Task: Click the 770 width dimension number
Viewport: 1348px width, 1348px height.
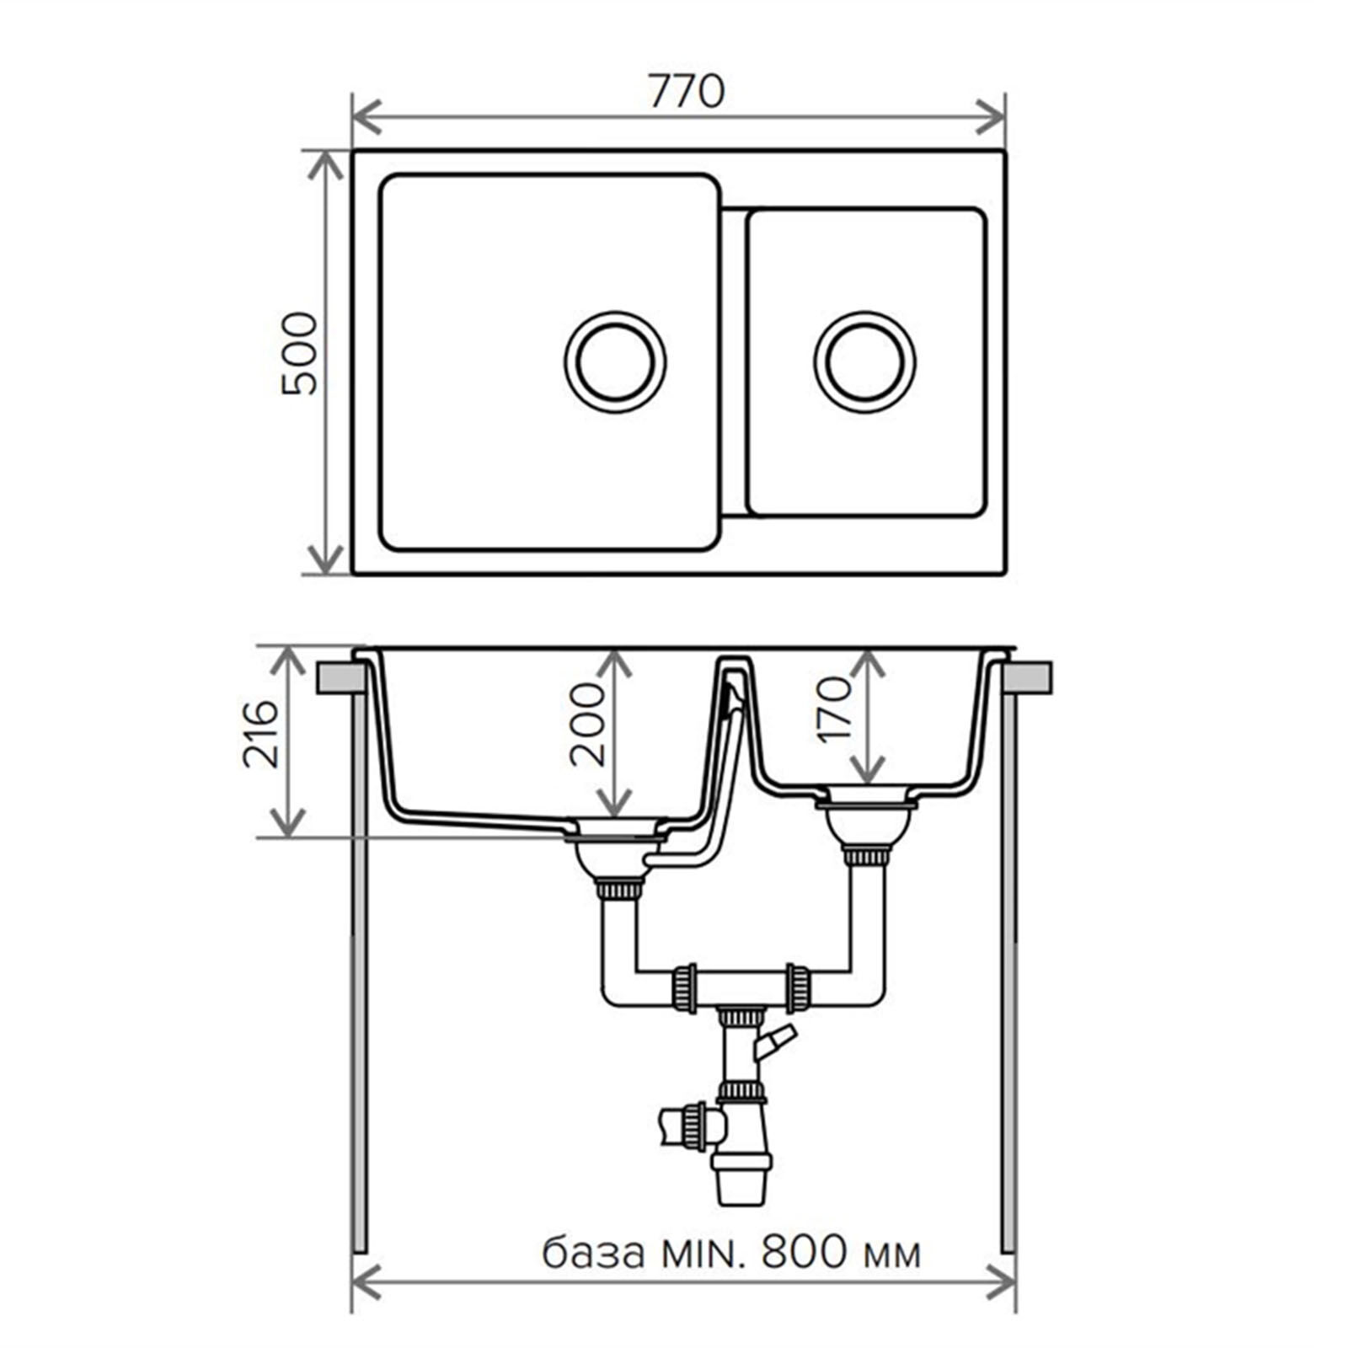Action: click(686, 91)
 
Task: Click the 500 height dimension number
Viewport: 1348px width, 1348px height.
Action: click(300, 354)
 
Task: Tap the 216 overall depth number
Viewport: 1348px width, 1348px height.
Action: click(260, 733)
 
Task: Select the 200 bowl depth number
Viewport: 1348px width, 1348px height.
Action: click(587, 724)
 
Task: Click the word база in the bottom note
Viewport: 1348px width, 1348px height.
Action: click(593, 1253)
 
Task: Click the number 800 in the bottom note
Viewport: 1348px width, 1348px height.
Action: click(805, 1252)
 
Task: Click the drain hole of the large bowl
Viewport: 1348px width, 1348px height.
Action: click(615, 362)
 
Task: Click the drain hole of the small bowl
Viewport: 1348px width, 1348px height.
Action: click(865, 362)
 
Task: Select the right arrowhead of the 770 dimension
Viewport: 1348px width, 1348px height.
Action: click(991, 116)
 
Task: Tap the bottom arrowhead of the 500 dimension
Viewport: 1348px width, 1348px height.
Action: click(325, 560)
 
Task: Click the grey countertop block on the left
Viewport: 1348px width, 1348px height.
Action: click(340, 678)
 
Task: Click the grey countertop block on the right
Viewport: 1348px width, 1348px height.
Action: click(1028, 678)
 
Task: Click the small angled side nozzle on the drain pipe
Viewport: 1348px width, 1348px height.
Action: click(774, 1043)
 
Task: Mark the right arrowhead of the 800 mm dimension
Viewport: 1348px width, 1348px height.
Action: click(1000, 1286)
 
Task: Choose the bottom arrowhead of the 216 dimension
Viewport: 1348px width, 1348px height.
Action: click(288, 822)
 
